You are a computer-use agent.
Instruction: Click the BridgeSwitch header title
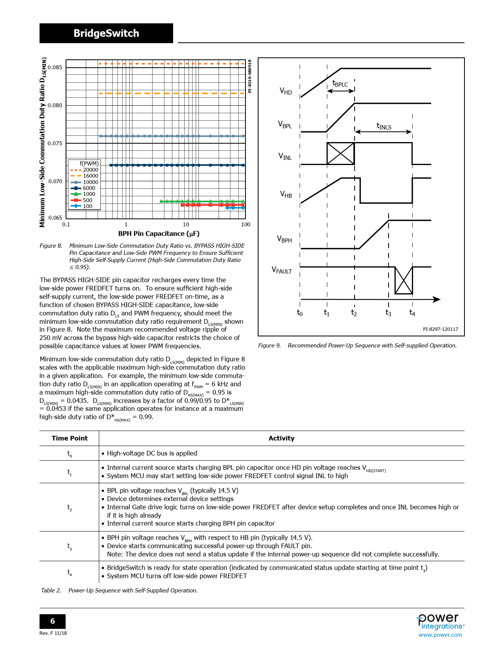106,33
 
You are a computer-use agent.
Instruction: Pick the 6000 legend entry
89,188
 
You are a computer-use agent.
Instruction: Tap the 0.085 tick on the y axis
55,67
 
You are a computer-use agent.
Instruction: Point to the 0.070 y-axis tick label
55,181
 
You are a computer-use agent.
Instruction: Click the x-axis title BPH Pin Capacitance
159,233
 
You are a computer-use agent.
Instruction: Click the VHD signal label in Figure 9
285,91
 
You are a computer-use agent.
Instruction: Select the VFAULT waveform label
281,270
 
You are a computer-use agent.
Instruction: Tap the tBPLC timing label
340,84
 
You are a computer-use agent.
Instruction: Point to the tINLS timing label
384,126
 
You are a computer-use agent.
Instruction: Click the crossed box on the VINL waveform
340,154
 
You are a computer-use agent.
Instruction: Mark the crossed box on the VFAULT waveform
404,280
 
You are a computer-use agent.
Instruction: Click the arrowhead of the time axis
437,299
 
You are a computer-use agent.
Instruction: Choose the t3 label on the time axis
388,313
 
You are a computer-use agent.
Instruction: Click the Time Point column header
70,438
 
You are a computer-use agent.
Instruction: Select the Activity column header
281,438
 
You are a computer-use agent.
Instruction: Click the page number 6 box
53,621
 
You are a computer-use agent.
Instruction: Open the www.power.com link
440,635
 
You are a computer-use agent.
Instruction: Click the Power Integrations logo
440,621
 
